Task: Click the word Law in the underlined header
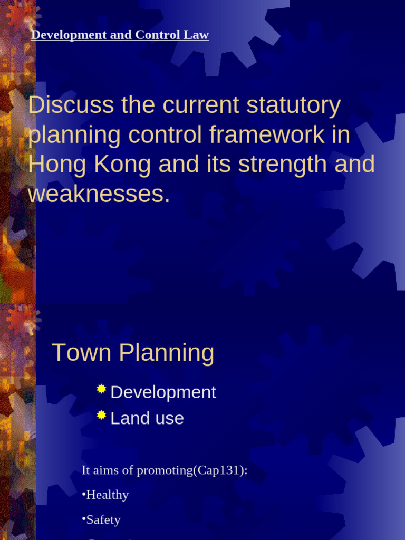(198, 35)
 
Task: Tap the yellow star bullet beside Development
(102, 389)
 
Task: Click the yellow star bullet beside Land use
(102, 416)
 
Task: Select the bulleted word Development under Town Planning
(163, 392)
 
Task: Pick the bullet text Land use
(147, 419)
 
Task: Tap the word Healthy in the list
(108, 495)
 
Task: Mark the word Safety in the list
(103, 519)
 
